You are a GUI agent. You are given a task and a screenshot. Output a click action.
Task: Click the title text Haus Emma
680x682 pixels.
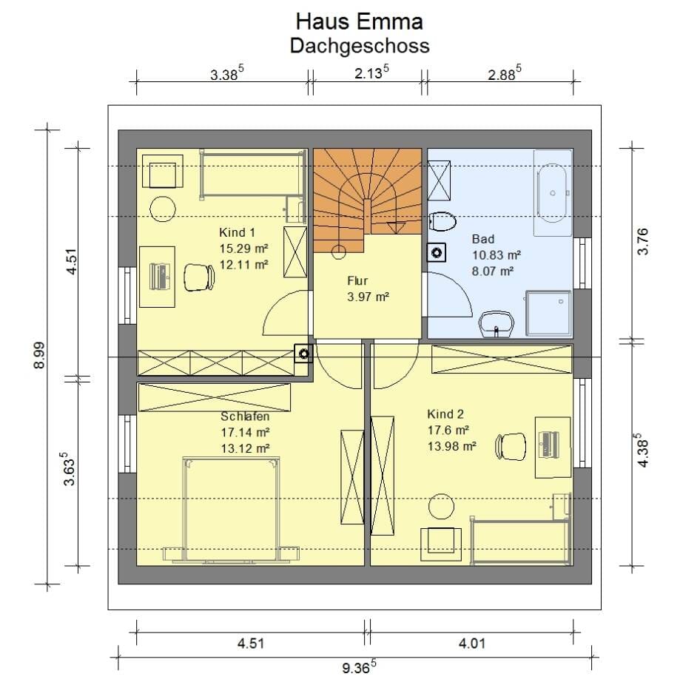coord(359,21)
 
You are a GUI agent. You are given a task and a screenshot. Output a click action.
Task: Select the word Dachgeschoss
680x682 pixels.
coord(360,46)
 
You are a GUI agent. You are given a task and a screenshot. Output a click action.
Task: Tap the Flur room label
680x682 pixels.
coord(357,281)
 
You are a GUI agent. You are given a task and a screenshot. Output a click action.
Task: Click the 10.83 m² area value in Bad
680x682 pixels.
coord(496,255)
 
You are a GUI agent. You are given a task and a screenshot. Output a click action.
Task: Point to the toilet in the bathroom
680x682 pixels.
coord(442,221)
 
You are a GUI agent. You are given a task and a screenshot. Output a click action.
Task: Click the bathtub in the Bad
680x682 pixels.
coord(553,193)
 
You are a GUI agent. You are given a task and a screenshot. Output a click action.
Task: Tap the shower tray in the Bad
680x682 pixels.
coord(548,313)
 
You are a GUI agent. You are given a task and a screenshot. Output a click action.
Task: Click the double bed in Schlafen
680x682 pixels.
coord(231,510)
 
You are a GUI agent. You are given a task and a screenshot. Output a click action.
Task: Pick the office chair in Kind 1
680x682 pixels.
coord(199,277)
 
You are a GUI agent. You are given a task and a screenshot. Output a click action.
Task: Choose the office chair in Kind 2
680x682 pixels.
coord(511,446)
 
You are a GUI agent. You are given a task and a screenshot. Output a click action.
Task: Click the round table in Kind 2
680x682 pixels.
coord(441,506)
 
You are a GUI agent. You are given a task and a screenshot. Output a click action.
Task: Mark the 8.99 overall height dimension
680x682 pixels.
coord(39,355)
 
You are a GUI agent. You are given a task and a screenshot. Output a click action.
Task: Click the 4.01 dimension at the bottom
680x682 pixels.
coord(472,642)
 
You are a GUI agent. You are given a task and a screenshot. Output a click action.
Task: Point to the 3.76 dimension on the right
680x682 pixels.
coord(642,241)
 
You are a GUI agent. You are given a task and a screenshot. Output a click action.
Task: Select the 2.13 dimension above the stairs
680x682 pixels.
coord(371,72)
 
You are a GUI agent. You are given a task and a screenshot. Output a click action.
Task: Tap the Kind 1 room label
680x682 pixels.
coord(237,232)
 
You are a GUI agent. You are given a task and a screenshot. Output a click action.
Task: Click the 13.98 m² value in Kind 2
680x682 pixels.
coord(452,446)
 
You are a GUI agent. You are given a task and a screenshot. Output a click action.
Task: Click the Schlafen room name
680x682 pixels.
coord(245,416)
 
